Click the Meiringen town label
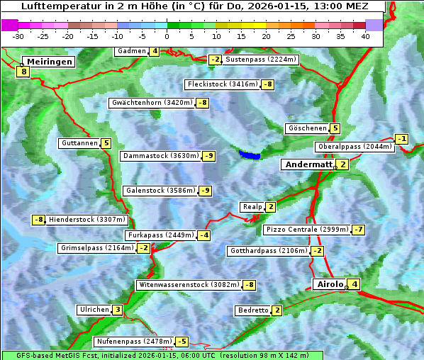tap(49, 62)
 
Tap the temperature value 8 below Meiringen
tap(23, 72)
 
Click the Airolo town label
tap(330, 284)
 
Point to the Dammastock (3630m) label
tap(160, 156)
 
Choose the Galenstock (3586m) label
tap(159, 191)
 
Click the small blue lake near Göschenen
tap(250, 154)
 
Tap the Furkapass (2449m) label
tap(160, 235)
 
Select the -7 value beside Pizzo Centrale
tap(359, 230)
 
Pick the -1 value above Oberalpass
tap(402, 139)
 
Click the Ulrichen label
tap(94, 310)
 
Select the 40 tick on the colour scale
tap(365, 35)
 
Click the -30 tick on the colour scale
tap(18, 35)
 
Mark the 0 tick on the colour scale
tap(167, 35)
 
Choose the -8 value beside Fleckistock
tap(268, 85)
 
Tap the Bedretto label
tap(253, 310)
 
